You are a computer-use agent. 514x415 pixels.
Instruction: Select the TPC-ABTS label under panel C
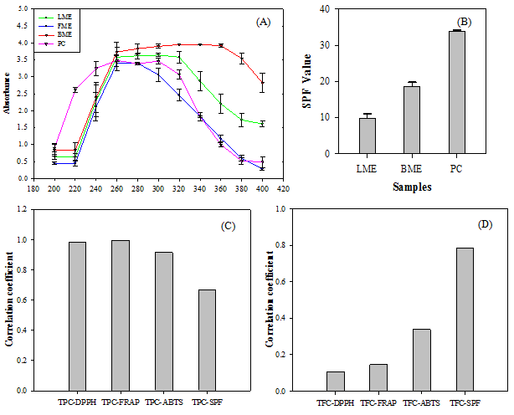(x=167, y=401)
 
